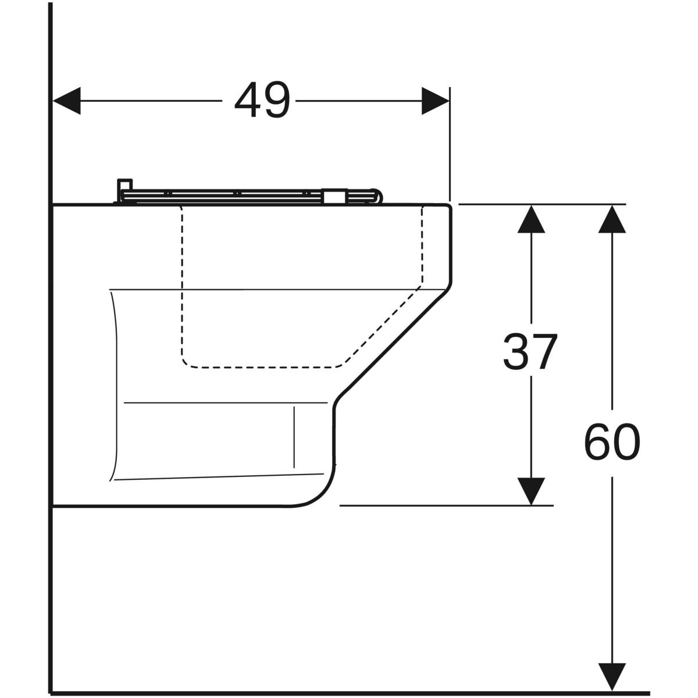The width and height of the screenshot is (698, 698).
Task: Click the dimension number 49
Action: [262, 99]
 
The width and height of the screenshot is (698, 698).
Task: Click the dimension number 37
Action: [529, 351]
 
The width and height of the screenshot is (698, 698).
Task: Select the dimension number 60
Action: [612, 442]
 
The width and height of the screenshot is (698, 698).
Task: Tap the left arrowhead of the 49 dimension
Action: [67, 101]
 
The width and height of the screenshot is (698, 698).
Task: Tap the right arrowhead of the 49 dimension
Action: [436, 101]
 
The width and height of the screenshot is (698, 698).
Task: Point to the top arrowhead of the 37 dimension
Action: [532, 219]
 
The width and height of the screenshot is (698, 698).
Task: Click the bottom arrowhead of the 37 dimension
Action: [532, 492]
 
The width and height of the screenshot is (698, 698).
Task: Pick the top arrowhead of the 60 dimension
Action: [612, 219]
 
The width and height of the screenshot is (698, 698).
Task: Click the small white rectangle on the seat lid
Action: [334, 196]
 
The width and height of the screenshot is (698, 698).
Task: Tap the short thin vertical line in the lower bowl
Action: [294, 437]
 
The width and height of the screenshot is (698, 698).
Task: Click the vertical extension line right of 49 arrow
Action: [450, 144]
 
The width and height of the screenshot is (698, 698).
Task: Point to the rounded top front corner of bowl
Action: [448, 208]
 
